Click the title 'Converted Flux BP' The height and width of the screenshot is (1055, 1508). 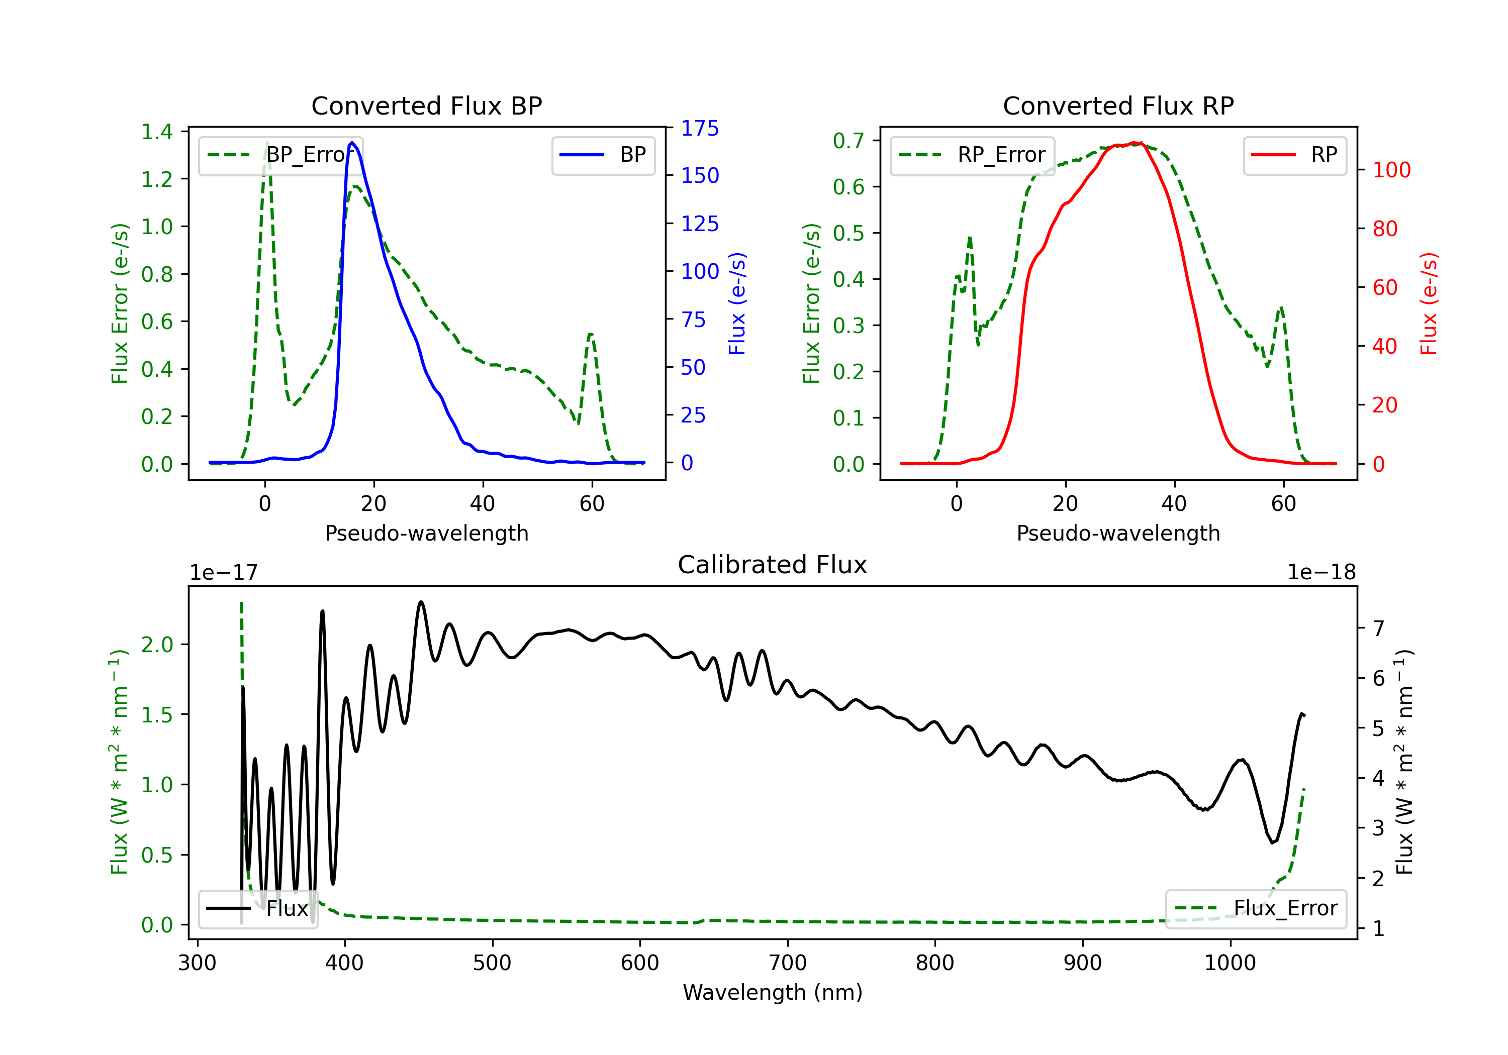[x=426, y=105]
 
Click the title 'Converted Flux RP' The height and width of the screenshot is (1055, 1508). [x=1118, y=105]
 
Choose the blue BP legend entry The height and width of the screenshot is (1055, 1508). [x=603, y=155]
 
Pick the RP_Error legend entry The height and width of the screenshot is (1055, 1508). [x=972, y=155]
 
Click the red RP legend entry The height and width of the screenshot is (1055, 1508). [x=1294, y=155]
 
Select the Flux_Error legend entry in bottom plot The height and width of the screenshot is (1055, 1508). [x=1255, y=909]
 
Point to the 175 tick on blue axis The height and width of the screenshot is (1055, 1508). [x=700, y=128]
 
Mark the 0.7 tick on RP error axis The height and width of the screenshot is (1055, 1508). [x=849, y=141]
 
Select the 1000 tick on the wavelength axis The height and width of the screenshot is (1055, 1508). [x=1230, y=963]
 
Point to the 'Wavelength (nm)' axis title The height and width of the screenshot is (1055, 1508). [x=773, y=993]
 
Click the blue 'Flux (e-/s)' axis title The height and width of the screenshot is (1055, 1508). [x=737, y=303]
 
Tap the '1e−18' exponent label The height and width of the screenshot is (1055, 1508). [x=1321, y=573]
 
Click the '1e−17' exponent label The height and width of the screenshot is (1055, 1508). [x=224, y=573]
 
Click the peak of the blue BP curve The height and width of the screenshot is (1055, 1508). [x=352, y=143]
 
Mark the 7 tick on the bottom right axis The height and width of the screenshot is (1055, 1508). [x=1379, y=628]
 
